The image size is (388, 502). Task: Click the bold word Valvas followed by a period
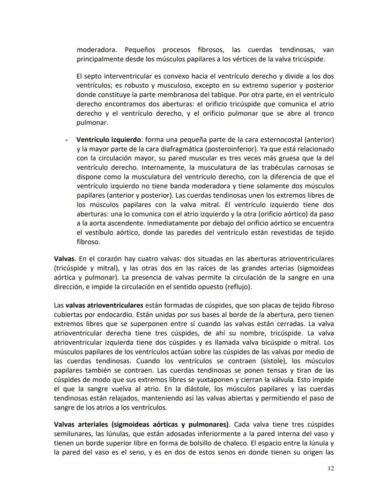pyautogui.click(x=65, y=258)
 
